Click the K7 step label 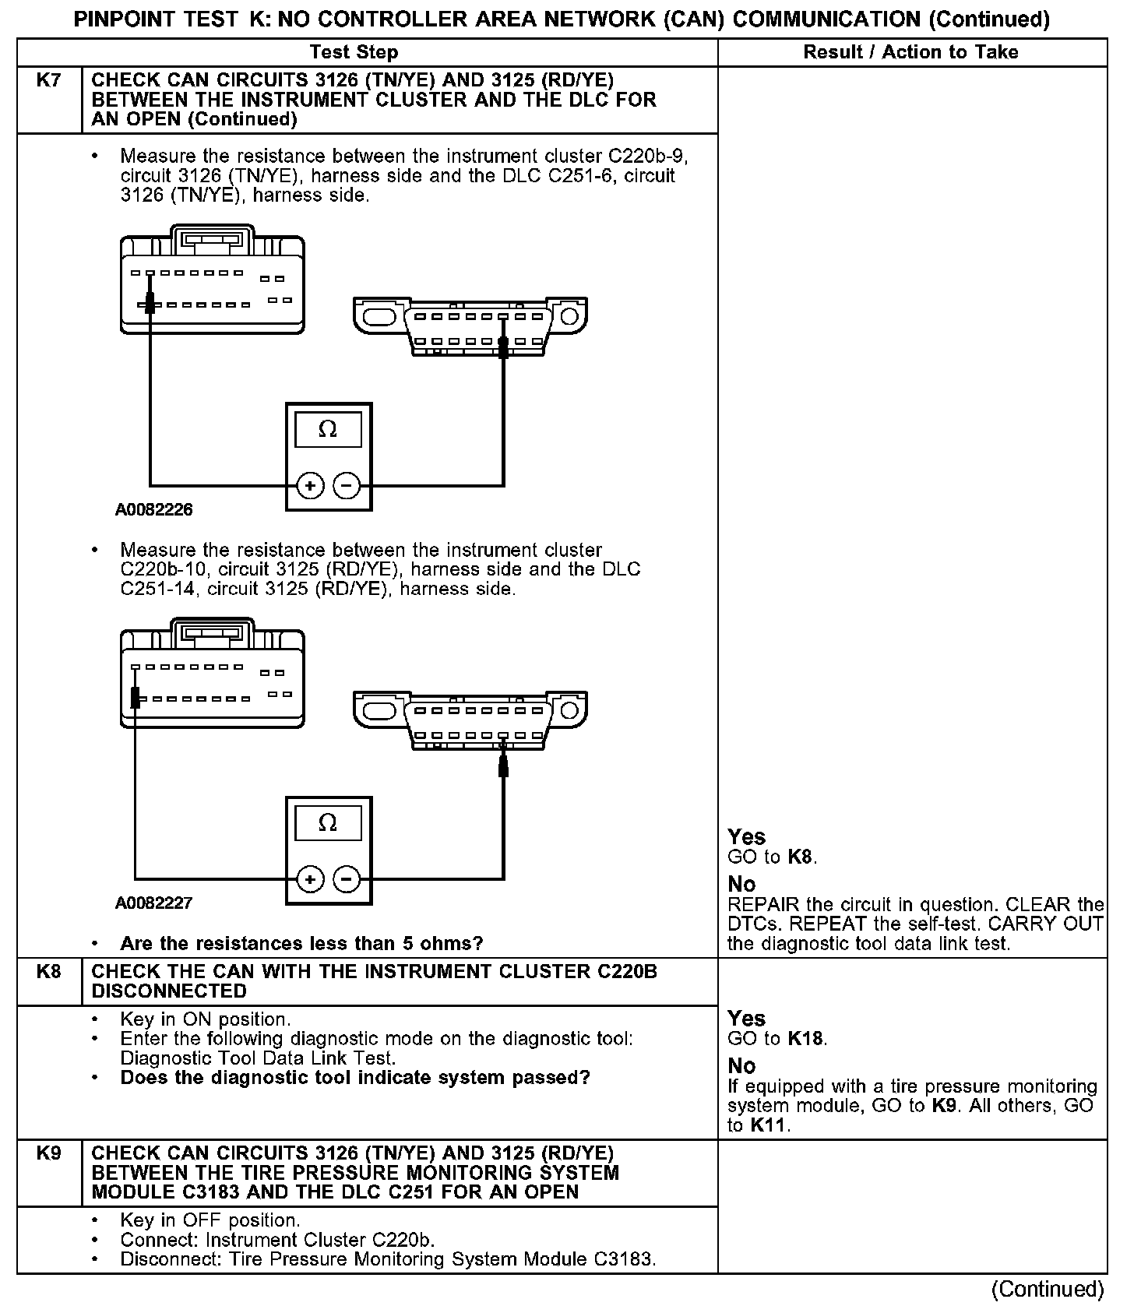(48, 80)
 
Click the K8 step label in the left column (48, 972)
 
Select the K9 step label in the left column (48, 1153)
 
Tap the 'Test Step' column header (354, 52)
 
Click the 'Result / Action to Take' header (910, 52)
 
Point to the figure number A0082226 (154, 510)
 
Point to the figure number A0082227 (154, 903)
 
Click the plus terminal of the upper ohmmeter (310, 486)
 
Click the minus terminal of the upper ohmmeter (347, 486)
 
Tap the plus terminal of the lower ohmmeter (310, 879)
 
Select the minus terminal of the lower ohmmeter (347, 879)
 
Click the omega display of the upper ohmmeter (328, 429)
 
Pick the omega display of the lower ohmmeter (328, 823)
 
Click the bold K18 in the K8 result (805, 1039)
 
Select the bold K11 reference (768, 1125)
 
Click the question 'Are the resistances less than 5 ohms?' (301, 944)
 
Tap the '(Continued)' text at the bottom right (1048, 1290)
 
